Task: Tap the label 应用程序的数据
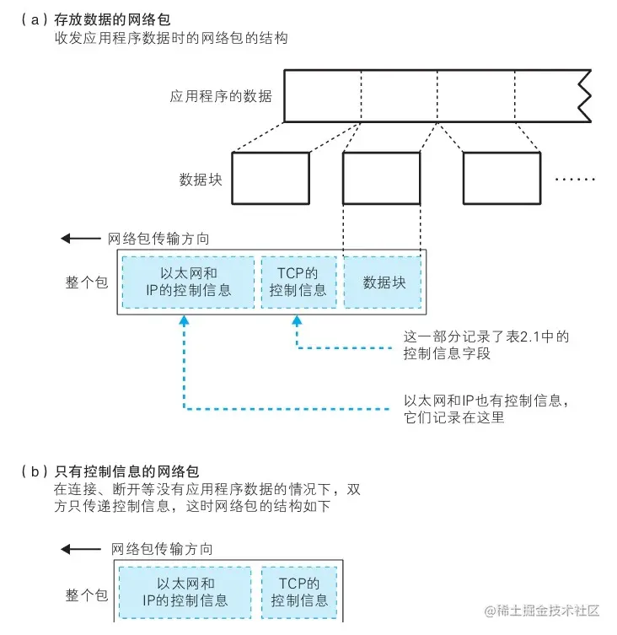pos(221,96)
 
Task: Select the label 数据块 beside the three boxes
pos(201,179)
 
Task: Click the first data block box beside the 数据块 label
pos(270,179)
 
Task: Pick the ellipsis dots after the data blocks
pos(577,179)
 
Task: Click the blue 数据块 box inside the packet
pos(384,283)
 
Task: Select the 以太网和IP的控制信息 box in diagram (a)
pos(188,283)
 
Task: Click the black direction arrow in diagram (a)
pos(81,239)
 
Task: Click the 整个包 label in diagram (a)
pos(87,283)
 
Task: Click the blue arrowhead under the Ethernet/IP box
pos(184,321)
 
